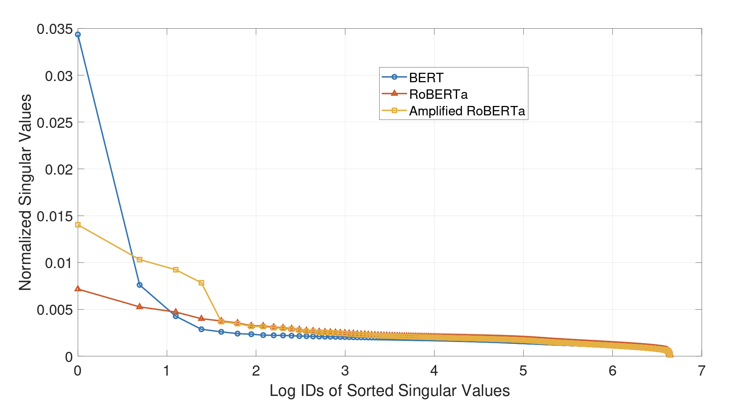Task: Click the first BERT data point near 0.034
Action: (78, 35)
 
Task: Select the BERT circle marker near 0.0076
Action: (140, 285)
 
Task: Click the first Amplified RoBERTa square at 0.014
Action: (78, 225)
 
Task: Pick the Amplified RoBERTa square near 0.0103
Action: (140, 260)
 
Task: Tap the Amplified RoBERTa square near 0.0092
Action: (175, 270)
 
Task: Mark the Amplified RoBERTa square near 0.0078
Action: (201, 283)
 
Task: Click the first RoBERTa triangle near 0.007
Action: (78, 289)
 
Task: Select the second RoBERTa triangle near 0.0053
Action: (140, 307)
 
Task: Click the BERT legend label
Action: (426, 78)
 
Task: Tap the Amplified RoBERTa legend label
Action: (467, 111)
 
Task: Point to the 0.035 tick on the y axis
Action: (55, 29)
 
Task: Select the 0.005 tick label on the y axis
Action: (55, 310)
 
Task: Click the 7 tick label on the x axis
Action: (701, 371)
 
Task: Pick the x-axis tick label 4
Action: (434, 371)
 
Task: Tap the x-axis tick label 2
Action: (256, 371)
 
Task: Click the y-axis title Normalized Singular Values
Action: (25, 192)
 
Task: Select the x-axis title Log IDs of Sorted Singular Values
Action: (389, 391)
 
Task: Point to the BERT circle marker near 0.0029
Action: (201, 329)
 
